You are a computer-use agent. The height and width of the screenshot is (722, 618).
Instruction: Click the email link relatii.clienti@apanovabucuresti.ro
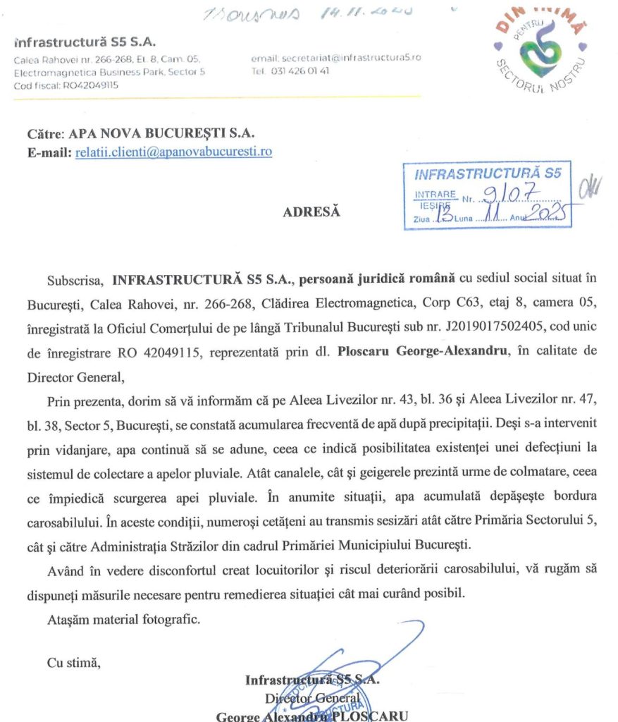point(173,152)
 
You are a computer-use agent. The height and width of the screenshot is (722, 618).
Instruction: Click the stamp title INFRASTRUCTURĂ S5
point(488,173)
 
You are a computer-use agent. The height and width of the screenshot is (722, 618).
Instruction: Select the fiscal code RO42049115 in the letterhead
point(74,85)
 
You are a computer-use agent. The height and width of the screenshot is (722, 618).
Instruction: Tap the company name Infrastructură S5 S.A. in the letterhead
point(85,42)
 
